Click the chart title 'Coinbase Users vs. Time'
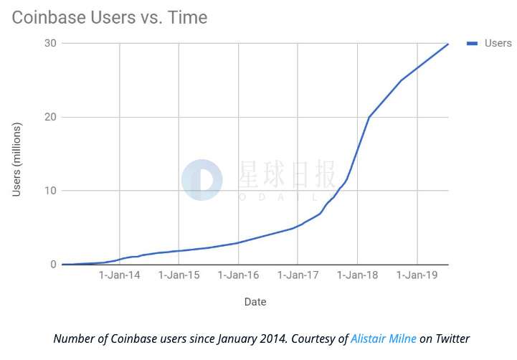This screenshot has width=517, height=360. (x=109, y=17)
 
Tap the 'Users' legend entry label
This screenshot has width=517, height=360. (x=498, y=43)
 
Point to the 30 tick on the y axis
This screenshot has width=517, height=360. (x=49, y=43)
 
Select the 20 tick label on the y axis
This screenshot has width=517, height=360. (x=49, y=117)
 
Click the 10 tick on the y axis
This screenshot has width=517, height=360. (x=49, y=191)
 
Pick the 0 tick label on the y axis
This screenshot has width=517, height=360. (x=52, y=265)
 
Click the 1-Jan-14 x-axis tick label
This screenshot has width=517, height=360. (x=120, y=275)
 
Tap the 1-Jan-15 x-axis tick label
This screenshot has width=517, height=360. (x=179, y=275)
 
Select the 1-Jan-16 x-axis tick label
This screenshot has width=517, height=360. (x=239, y=275)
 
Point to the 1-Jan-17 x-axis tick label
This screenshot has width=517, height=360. (x=299, y=275)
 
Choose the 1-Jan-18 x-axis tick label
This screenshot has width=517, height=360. (x=359, y=275)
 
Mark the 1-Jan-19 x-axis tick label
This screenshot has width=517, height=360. (x=418, y=275)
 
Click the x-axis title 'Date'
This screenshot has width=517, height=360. (x=255, y=302)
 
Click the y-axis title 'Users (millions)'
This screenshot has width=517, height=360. (x=17, y=159)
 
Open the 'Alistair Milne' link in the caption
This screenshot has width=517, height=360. (x=384, y=338)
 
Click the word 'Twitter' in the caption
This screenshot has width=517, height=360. (x=451, y=338)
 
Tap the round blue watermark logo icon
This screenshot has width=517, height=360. (x=202, y=180)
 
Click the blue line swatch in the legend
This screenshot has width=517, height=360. (x=473, y=43)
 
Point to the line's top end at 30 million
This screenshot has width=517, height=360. (x=448, y=44)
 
